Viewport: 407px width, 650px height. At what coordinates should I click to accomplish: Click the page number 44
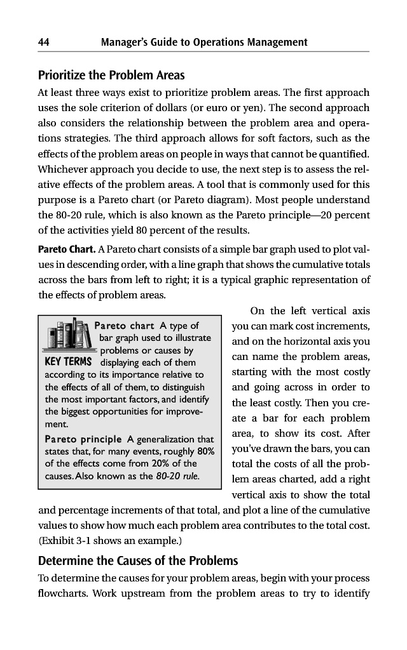pos(45,43)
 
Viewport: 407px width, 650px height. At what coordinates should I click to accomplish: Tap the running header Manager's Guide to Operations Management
pos(204,43)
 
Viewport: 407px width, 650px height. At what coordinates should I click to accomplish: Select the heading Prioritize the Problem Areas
pos(109,75)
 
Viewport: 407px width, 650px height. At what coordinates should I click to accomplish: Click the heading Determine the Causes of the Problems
pos(138,560)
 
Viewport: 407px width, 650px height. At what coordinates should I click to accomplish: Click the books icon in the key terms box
pos(66,336)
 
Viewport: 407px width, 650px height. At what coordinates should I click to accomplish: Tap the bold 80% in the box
pos(204,451)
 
